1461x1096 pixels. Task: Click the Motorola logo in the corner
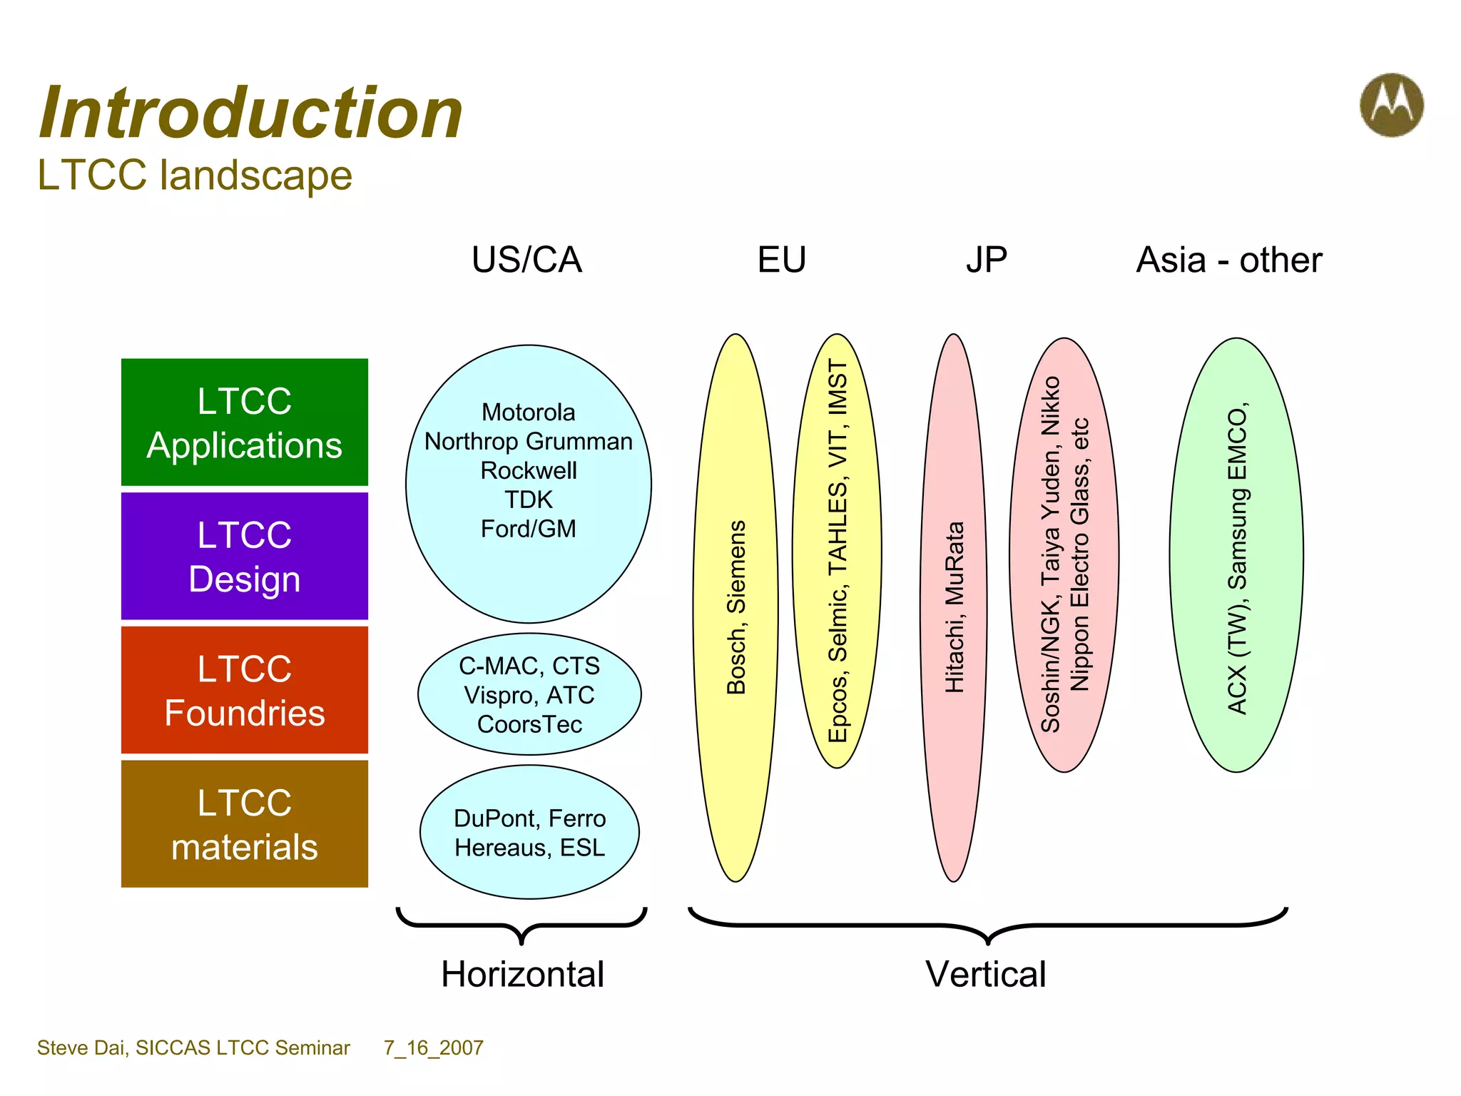coord(1391,105)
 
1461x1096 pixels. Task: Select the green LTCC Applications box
coord(245,422)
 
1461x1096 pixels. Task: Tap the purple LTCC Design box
coord(245,557)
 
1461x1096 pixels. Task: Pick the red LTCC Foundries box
coord(245,690)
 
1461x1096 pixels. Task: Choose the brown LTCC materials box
coord(245,824)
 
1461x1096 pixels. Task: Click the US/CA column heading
coord(526,260)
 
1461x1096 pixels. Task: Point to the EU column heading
coord(781,260)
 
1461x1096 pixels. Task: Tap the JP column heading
coord(987,260)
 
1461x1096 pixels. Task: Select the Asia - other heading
coord(1228,260)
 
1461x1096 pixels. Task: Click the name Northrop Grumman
coord(528,442)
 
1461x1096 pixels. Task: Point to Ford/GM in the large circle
coord(528,529)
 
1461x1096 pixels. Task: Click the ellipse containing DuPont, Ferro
coord(529,833)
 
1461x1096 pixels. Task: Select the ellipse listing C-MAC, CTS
coord(529,694)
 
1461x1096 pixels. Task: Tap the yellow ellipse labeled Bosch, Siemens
coord(735,607)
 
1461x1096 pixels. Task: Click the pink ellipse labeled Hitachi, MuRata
coord(954,607)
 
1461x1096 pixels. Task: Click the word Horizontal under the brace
coord(522,974)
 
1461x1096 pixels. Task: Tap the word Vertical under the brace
coord(986,974)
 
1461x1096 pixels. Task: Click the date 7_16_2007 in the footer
coord(433,1047)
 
